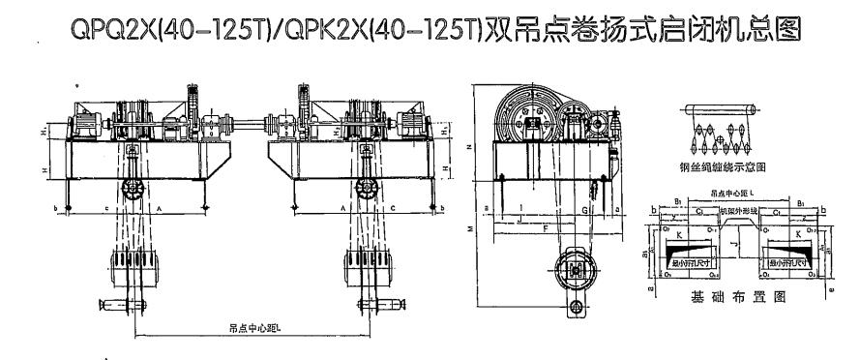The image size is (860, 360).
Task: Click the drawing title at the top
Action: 430,31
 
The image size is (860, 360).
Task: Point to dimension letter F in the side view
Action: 547,227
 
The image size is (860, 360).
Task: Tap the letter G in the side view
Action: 585,207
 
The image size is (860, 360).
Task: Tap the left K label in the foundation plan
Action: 673,235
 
